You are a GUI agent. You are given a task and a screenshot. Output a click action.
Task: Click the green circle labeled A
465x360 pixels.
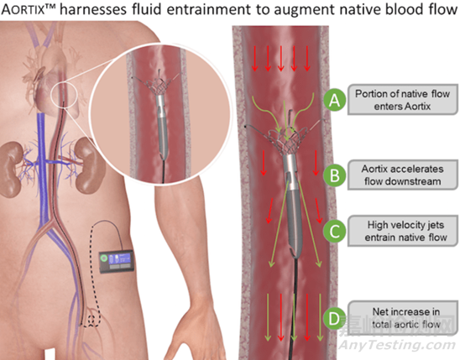[x=335, y=100]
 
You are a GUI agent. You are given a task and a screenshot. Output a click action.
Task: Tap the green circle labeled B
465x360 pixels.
[x=335, y=175]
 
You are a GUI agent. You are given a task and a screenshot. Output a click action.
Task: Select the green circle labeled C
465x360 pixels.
[x=335, y=231]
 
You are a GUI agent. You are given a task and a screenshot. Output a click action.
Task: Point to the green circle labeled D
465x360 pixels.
[x=335, y=319]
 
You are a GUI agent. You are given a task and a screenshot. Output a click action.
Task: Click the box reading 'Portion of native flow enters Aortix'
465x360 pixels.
[x=403, y=100]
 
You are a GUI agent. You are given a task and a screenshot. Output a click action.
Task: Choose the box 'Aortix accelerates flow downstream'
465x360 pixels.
[x=403, y=175]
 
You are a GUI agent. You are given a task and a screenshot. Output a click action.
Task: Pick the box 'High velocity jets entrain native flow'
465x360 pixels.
[x=403, y=231]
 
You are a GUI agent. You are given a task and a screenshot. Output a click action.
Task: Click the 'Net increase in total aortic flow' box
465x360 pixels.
[x=403, y=318]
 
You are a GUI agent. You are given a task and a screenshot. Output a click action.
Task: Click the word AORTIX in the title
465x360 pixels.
[x=24, y=9]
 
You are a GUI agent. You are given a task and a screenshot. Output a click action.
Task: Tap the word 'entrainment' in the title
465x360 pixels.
[x=217, y=9]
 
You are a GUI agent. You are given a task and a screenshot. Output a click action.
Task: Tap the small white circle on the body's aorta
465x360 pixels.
[x=64, y=95]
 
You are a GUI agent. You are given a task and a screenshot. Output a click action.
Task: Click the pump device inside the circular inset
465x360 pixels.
[x=162, y=124]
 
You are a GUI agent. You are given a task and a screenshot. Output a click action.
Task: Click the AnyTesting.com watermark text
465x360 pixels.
[x=397, y=345]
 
